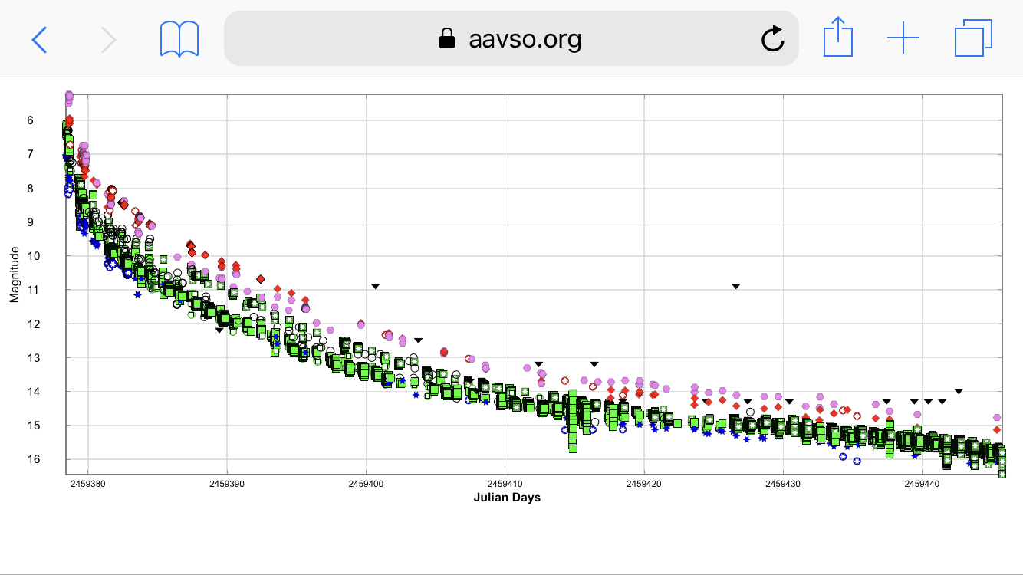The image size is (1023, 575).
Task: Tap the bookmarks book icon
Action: pos(179,38)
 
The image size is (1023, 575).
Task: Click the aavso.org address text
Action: pos(525,38)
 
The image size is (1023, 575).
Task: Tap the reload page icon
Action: pos(772,38)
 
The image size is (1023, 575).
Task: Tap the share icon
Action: pos(838,38)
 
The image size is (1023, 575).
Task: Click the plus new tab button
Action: pos(903,38)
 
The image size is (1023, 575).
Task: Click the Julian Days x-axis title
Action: pos(508,498)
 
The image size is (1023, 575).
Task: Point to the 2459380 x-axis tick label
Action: pos(88,485)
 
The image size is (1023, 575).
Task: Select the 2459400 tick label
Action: pos(367,485)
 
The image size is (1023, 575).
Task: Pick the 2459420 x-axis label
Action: pos(644,485)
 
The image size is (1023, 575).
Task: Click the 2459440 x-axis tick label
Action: pos(923,485)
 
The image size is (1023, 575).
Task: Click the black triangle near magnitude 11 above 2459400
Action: pos(375,286)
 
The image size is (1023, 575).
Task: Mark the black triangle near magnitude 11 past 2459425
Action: pos(735,286)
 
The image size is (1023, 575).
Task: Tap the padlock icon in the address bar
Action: pos(447,38)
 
